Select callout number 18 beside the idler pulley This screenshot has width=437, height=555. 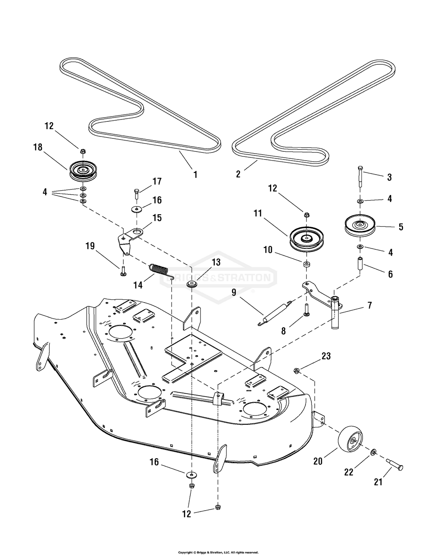click(37, 147)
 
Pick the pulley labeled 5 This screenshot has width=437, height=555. click(360, 226)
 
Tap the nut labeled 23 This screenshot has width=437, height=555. click(296, 370)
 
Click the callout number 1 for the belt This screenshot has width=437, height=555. click(195, 174)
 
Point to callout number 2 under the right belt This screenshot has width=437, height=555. click(238, 174)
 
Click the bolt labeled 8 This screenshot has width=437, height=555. click(307, 309)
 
